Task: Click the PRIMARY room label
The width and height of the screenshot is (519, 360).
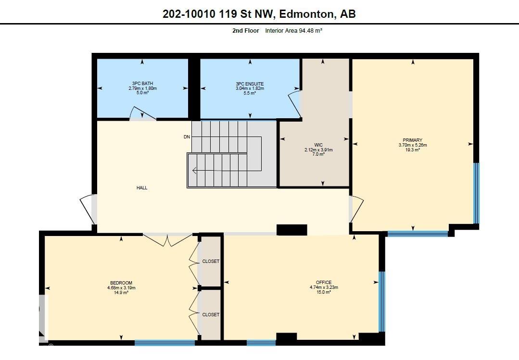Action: click(413, 140)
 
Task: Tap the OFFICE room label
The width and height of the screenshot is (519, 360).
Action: click(324, 283)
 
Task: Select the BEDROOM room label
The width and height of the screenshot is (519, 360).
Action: click(121, 283)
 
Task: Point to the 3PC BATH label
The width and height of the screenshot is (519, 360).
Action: click(142, 84)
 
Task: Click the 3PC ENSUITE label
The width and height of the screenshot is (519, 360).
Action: click(250, 84)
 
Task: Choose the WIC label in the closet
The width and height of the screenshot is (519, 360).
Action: click(318, 145)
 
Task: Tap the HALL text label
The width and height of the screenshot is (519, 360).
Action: click(142, 188)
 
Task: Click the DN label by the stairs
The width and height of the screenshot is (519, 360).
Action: click(187, 137)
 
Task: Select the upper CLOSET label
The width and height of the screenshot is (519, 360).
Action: click(211, 261)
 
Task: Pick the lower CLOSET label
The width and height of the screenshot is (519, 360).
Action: click(211, 314)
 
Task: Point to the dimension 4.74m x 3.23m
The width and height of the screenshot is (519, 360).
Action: click(324, 287)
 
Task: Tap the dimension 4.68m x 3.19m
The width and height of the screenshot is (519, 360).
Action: click(121, 288)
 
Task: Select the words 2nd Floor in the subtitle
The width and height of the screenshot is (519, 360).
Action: click(245, 31)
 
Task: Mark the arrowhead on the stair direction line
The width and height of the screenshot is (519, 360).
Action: click(194, 170)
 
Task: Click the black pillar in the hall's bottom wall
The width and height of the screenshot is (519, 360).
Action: click(291, 230)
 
